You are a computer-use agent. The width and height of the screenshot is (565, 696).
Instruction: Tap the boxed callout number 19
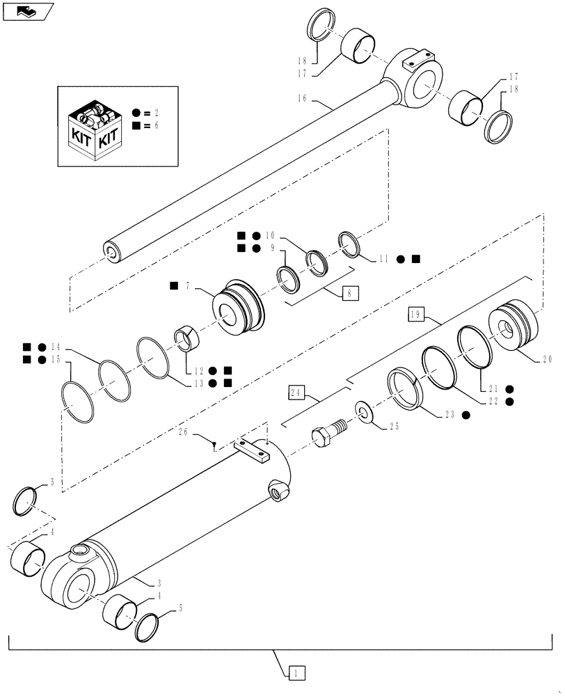(416, 315)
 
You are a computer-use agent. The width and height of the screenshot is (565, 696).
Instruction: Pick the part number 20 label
(546, 360)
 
